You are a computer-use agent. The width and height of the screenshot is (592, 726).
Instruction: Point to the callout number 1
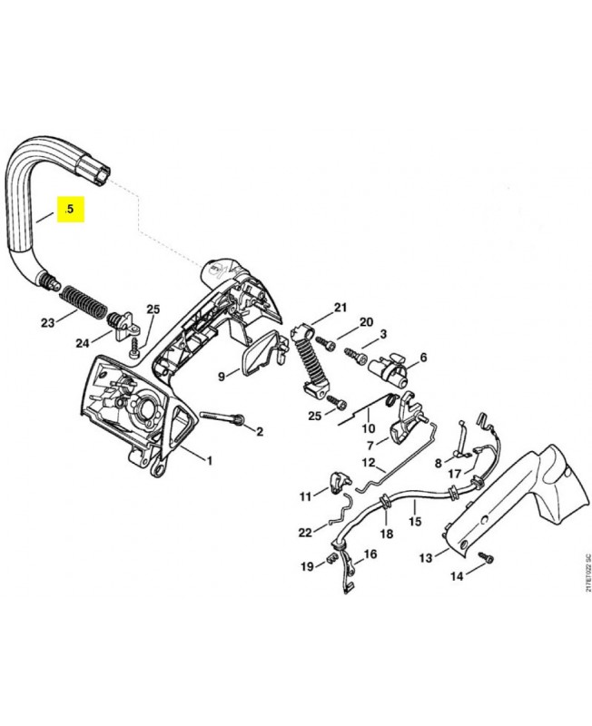click(209, 461)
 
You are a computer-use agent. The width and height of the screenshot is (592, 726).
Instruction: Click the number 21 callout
click(340, 308)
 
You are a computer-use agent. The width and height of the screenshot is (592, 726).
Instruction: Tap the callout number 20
click(366, 322)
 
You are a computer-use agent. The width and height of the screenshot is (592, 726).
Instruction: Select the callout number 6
click(422, 358)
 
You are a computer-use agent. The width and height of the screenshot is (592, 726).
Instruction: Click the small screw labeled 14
click(481, 563)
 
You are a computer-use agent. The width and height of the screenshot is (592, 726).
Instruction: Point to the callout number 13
click(426, 558)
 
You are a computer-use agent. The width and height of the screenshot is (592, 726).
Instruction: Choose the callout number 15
click(416, 522)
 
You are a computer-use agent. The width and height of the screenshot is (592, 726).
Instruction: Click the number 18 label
click(386, 534)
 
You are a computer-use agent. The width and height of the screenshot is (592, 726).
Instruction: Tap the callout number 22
click(305, 533)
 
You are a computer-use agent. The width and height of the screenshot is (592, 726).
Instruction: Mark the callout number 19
click(307, 566)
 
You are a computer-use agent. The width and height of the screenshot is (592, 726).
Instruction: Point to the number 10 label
click(368, 428)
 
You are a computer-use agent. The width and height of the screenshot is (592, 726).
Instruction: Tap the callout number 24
click(83, 342)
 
